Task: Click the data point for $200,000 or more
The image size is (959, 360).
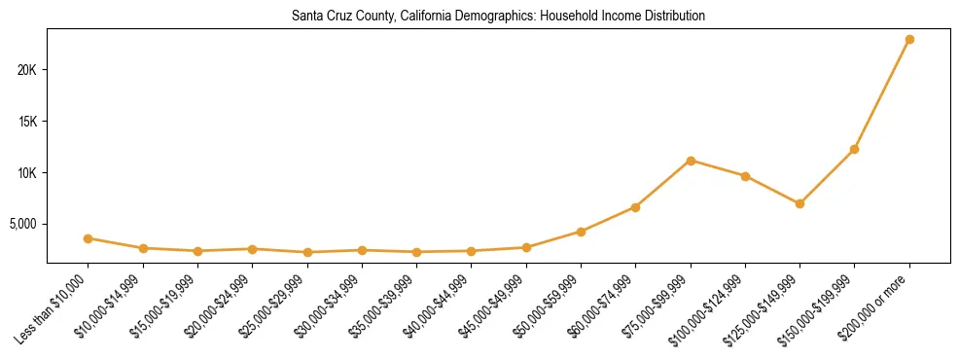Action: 909,40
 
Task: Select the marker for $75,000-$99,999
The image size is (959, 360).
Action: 691,161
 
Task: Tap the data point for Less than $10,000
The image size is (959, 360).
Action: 89,238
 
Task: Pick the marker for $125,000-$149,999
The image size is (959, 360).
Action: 799,203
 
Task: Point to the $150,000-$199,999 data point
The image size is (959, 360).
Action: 854,149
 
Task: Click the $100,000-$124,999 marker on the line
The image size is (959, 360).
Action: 745,176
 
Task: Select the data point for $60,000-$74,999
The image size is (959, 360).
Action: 635,207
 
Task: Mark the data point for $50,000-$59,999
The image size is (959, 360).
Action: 581,232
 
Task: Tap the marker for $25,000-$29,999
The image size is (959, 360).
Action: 307,252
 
